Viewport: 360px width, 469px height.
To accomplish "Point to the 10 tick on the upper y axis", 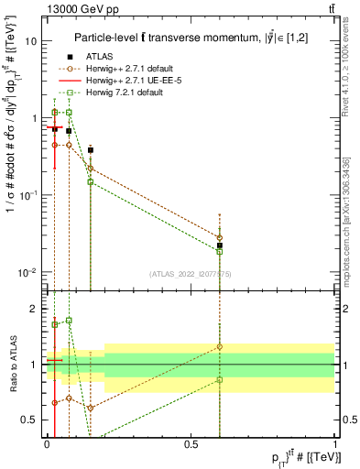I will [31, 41].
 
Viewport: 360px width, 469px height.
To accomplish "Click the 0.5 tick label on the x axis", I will [191, 443].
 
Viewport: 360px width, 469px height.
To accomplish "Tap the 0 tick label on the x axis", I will [47, 443].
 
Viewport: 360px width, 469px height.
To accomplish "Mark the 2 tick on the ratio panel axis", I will [35, 309].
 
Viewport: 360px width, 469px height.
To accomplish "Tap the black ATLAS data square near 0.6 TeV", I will [219, 245].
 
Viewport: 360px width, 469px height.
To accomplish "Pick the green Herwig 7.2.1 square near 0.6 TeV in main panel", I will [219, 252].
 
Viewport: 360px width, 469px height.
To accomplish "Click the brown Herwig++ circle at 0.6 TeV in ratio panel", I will [219, 347].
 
